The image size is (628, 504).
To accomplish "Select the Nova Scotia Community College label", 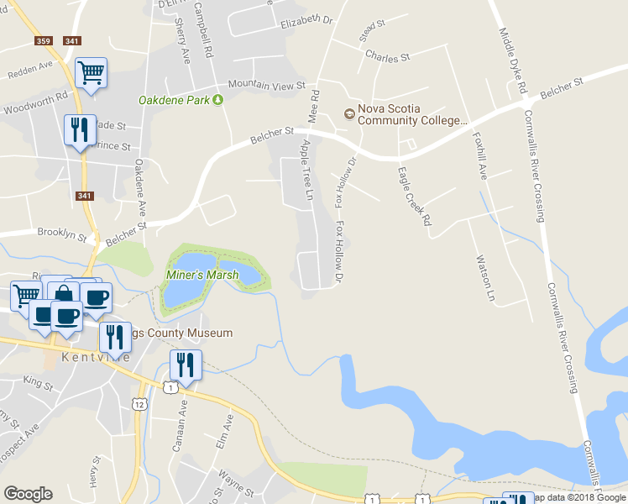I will tap(411, 114).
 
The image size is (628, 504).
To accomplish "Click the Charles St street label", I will tap(386, 58).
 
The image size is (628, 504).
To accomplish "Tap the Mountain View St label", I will tap(266, 85).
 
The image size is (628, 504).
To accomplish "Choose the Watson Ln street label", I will tap(484, 278).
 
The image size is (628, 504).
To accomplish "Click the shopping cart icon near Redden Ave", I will tap(91, 73).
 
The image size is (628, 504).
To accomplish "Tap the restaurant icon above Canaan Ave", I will tap(185, 365).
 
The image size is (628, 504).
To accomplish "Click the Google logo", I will tap(28, 493).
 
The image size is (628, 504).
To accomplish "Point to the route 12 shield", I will tap(139, 404).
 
